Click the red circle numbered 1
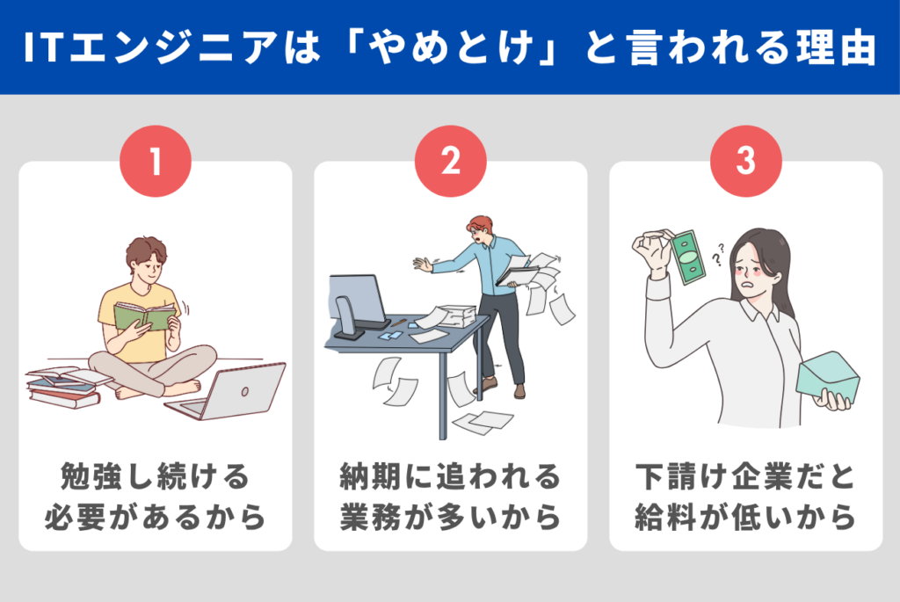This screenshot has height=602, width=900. pos(156,163)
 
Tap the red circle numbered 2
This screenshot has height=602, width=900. pos(450,163)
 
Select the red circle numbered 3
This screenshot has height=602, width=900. pos(745,163)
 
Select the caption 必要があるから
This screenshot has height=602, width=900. pos(156,518)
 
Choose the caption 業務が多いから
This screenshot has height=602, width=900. pos(450,518)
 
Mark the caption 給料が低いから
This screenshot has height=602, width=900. pos(745,518)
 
